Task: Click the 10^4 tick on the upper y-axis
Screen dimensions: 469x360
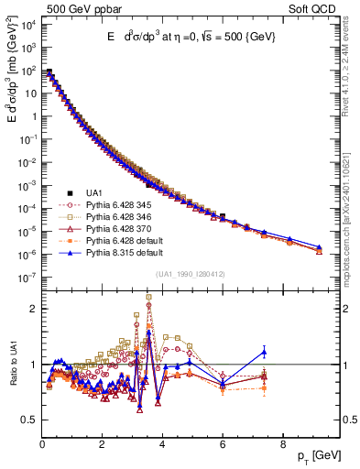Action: pos(27,24)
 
